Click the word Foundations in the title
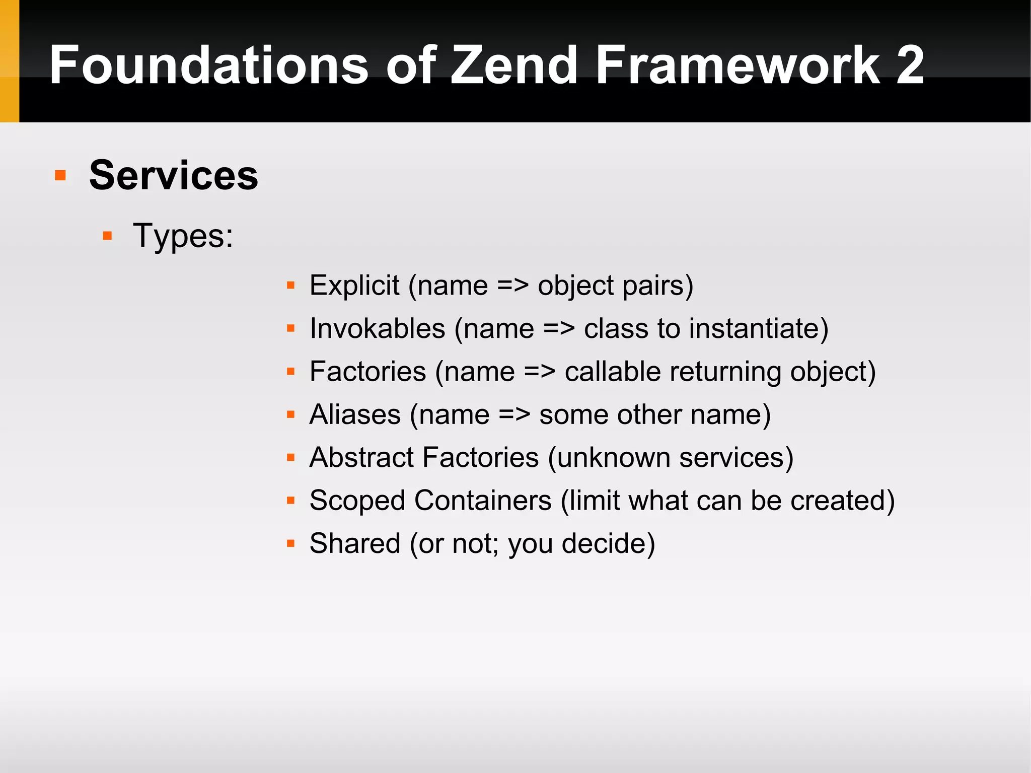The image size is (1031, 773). coord(209,65)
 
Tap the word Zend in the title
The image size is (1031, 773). coord(513,65)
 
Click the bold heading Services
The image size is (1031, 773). coord(174,175)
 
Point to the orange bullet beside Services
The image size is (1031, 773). coord(60,175)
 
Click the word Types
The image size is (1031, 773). coord(182,236)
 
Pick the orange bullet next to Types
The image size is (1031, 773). coord(107,236)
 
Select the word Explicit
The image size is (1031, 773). coord(354,286)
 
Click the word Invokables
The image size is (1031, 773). coord(378,328)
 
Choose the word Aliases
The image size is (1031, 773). coord(355,414)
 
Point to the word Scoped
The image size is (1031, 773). coord(357,501)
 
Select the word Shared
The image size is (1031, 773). coord(355,543)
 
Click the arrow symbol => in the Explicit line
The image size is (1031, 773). coord(512,286)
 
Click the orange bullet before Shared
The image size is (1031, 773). coord(290,543)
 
